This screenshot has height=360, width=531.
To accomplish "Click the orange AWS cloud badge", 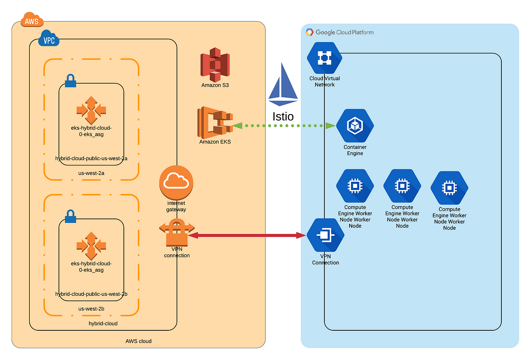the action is pos(32,19).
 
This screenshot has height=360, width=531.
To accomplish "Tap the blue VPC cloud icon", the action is pos(49,38).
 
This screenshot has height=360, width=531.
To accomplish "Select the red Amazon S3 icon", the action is pos(215,65).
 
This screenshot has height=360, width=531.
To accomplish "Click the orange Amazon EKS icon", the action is pos(215,123).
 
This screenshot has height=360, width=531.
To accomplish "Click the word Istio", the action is pos(283,117).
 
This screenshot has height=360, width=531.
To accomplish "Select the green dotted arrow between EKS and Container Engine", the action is pos(284,126).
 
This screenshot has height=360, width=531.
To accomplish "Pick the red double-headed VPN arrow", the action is pos(247,235).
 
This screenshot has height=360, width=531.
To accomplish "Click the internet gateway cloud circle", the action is pos(176,183).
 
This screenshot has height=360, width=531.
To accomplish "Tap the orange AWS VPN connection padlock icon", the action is pos(177,232).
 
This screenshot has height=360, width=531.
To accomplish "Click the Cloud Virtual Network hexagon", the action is pos(324,58).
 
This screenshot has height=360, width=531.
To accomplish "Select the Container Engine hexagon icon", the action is pos(355,125).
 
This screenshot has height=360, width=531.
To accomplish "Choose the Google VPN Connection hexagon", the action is pos(325,235).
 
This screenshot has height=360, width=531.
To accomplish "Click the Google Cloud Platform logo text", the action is pos(344,32).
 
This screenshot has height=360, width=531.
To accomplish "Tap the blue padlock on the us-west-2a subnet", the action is pos(70,80).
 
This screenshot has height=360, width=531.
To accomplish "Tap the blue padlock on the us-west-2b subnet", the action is pos(70,216).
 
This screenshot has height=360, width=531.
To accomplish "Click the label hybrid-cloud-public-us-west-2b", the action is pos(91,294).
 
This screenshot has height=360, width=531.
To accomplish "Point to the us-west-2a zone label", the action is pos(91,173).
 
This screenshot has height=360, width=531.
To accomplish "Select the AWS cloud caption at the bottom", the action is pos(139,341).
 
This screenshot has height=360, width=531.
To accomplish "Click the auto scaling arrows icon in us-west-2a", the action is pos(91,110).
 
